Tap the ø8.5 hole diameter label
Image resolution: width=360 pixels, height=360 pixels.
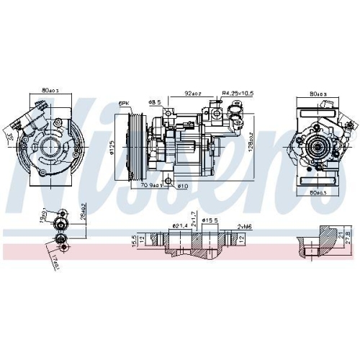tap(154, 103)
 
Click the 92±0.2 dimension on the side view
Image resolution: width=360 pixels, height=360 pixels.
tap(193, 93)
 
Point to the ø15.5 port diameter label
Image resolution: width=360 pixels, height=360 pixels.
tap(210, 220)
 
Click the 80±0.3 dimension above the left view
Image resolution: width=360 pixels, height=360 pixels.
tap(51, 91)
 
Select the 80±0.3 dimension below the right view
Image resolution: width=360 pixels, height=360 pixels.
tap(317, 193)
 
